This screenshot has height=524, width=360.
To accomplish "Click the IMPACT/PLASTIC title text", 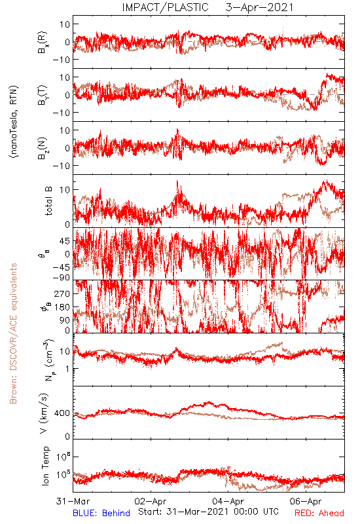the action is [165, 7].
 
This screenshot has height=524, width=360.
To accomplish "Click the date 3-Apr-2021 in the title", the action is [259, 7].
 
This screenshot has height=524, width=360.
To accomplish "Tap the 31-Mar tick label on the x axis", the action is [73, 501].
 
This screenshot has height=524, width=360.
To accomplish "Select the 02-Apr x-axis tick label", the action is [151, 501].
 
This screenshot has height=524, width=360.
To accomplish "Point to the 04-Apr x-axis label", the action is [228, 501].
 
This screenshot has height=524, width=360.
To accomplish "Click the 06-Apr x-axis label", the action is [306, 501].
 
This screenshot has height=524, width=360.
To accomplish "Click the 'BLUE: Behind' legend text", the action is [101, 513].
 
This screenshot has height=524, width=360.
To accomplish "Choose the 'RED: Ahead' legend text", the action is [319, 513].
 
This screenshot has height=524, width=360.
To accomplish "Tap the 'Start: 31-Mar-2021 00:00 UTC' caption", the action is [208, 512].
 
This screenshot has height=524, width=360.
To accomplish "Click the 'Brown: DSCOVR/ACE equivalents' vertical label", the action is [13, 333].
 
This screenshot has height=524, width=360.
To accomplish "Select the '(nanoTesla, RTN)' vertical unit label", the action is [14, 122].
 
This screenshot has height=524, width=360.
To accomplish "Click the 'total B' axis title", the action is [48, 201].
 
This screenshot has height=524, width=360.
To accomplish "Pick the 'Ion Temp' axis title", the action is [45, 466].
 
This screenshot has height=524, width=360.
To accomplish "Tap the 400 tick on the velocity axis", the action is [62, 413].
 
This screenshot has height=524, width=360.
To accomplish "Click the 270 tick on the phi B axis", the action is [62, 293].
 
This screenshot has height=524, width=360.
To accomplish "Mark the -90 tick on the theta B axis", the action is [60, 277].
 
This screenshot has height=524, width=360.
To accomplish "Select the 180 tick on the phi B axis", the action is [62, 307].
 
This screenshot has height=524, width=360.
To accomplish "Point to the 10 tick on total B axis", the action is [65, 190].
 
